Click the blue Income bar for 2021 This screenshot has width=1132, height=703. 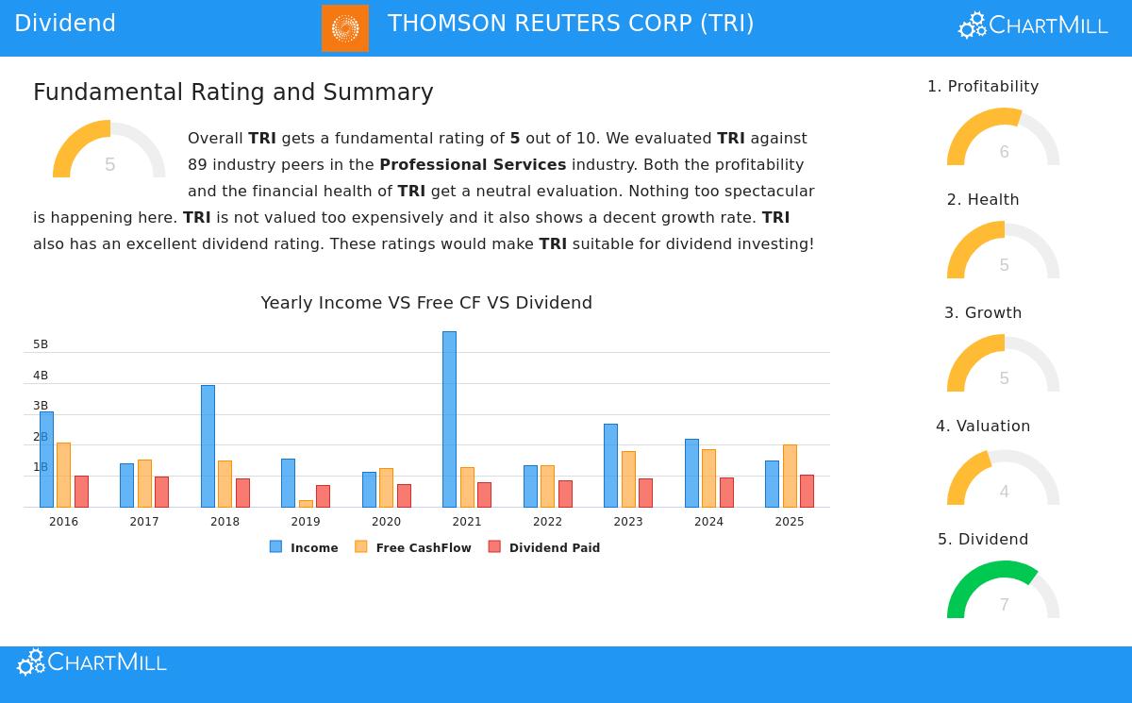pyautogui.click(x=449, y=419)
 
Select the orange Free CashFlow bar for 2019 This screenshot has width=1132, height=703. pyautogui.click(x=306, y=504)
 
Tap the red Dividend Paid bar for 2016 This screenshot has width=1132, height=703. pyautogui.click(x=81, y=492)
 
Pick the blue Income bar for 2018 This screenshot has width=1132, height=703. pyautogui.click(x=208, y=445)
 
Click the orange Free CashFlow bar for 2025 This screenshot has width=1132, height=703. pyautogui.click(x=790, y=476)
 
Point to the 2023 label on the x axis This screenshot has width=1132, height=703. pyautogui.click(x=627, y=522)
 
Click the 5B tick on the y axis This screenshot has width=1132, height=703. pyautogui.click(x=41, y=344)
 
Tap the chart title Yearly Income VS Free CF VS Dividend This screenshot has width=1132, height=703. pyautogui.click(x=426, y=303)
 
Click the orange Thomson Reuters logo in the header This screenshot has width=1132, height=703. pyautogui.click(x=345, y=27)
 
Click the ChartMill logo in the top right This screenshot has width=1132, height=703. pyautogui.click(x=1033, y=25)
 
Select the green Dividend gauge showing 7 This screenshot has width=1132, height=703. pyautogui.click(x=1003, y=590)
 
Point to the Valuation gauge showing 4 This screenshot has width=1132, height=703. pyautogui.click(x=1003, y=478)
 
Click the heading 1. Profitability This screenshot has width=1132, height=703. pyautogui.click(x=983, y=87)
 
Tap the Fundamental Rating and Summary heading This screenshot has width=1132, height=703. pyautogui.click(x=233, y=92)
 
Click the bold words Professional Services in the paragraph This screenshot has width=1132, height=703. pyautogui.click(x=473, y=164)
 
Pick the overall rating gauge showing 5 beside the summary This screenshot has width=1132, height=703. pyautogui.click(x=109, y=151)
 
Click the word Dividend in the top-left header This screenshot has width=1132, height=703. pyautogui.click(x=65, y=24)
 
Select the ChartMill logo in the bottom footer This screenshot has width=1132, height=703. pyautogui.click(x=92, y=662)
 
